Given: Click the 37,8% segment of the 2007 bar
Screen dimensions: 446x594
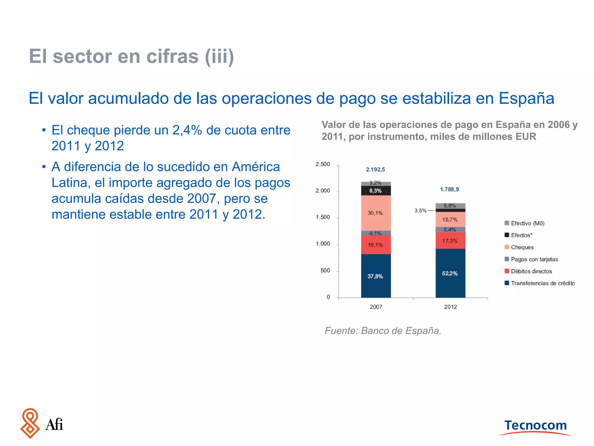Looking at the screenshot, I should (x=376, y=276).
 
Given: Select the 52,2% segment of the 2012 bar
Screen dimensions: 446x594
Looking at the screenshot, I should (x=450, y=273).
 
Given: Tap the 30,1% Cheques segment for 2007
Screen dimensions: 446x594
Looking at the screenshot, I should (x=376, y=213).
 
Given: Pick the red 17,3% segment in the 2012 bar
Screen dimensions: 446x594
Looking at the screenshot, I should (x=450, y=240).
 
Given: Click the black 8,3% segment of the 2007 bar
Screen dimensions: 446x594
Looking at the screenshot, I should (x=376, y=191).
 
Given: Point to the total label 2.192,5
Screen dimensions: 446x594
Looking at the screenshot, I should (x=375, y=170).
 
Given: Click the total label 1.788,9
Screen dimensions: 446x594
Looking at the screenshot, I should (x=449, y=189).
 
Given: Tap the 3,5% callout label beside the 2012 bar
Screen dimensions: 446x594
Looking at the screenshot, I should (x=420, y=211).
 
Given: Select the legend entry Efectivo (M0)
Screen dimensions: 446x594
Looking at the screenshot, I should (x=527, y=223).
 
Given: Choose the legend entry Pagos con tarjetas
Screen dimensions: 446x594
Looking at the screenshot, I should (x=534, y=259).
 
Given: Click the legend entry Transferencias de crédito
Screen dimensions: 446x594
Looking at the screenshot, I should (x=542, y=283).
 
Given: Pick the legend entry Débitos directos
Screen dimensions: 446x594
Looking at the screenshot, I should (x=531, y=271).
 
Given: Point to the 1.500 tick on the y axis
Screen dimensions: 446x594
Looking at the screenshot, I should (x=323, y=217).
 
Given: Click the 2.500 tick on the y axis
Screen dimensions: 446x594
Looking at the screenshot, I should (x=323, y=164).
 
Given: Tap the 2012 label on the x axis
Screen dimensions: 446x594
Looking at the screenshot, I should (x=450, y=307).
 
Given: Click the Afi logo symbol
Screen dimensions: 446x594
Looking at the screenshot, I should (x=30, y=423).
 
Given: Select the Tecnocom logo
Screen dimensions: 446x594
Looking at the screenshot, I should (x=535, y=426).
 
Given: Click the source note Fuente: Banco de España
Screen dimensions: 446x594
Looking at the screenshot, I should (x=383, y=331).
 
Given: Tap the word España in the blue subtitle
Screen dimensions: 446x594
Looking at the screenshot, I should (x=526, y=98).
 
